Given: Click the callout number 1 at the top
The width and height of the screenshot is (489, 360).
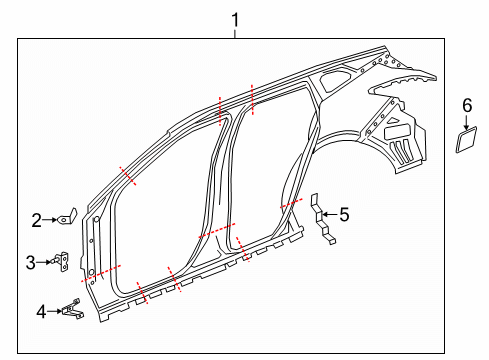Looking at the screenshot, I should pyautogui.click(x=235, y=18).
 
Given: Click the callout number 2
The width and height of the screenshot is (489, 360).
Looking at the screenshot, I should pyautogui.click(x=37, y=220).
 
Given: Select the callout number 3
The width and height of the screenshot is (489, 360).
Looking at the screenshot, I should pyautogui.click(x=31, y=262).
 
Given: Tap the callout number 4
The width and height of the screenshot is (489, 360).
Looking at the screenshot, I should pyautogui.click(x=41, y=312).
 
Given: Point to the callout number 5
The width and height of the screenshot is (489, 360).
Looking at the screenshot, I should pyautogui.click(x=345, y=213).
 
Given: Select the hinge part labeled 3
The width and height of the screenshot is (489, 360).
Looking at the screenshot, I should pyautogui.click(x=63, y=262).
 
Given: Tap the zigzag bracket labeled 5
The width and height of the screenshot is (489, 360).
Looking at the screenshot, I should pyautogui.click(x=322, y=222).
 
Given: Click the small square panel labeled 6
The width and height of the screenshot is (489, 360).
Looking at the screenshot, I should pyautogui.click(x=465, y=139).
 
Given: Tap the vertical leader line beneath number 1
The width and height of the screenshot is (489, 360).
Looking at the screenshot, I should pyautogui.click(x=235, y=31).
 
